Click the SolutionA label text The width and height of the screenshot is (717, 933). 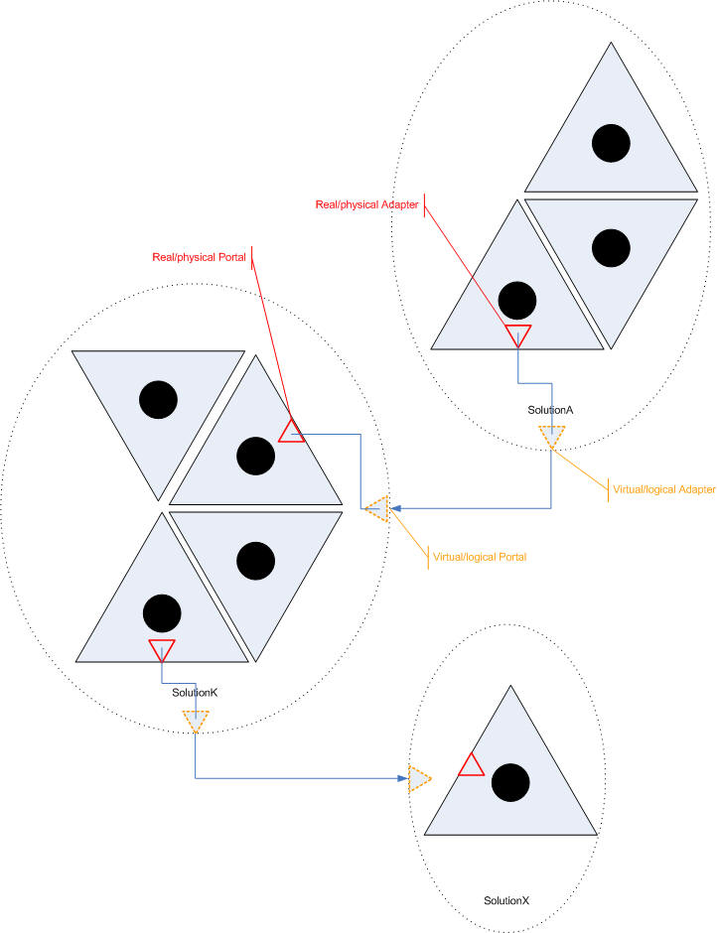pos(550,410)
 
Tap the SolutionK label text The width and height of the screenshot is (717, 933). pos(195,693)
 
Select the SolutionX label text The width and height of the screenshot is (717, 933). pos(506,901)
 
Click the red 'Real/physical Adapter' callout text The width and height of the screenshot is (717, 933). pos(366,204)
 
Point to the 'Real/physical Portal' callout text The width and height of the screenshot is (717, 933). pos(199,258)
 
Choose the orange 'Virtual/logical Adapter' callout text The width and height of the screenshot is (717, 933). pos(664,489)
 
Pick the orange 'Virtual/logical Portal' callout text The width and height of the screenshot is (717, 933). pos(480,557)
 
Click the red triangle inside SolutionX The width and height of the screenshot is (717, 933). pos(471,765)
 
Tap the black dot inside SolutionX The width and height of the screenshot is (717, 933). pos(510,782)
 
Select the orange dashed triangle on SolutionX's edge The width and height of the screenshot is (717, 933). pos(419,779)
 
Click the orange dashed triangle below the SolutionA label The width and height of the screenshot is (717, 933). pos(552,437)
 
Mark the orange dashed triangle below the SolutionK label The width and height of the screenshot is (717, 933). pos(196,722)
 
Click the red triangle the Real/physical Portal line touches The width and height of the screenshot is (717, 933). pos(291,431)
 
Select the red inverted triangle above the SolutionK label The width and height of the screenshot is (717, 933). pos(162,650)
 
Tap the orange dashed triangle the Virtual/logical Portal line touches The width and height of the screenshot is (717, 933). pos(377,509)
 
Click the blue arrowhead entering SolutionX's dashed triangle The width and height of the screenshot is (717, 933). pos(403,778)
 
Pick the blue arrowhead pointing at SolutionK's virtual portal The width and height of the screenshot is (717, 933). pos(395,509)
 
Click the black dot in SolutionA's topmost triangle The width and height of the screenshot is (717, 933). pos(611,143)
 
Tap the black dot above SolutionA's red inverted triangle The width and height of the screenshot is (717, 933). pos(517,301)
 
